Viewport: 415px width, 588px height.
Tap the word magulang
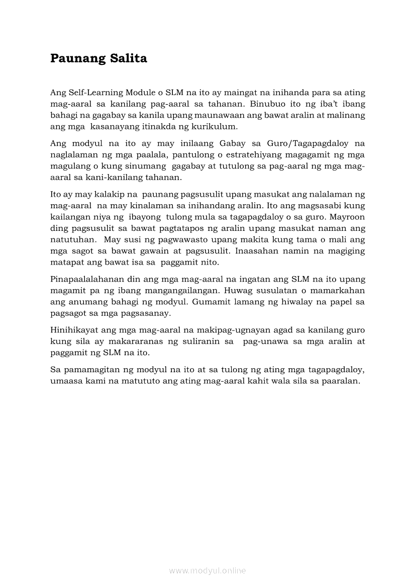(67, 166)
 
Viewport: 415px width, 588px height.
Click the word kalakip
(111, 195)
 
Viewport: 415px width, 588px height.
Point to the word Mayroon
(348, 217)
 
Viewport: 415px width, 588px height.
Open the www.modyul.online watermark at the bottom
(207, 570)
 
